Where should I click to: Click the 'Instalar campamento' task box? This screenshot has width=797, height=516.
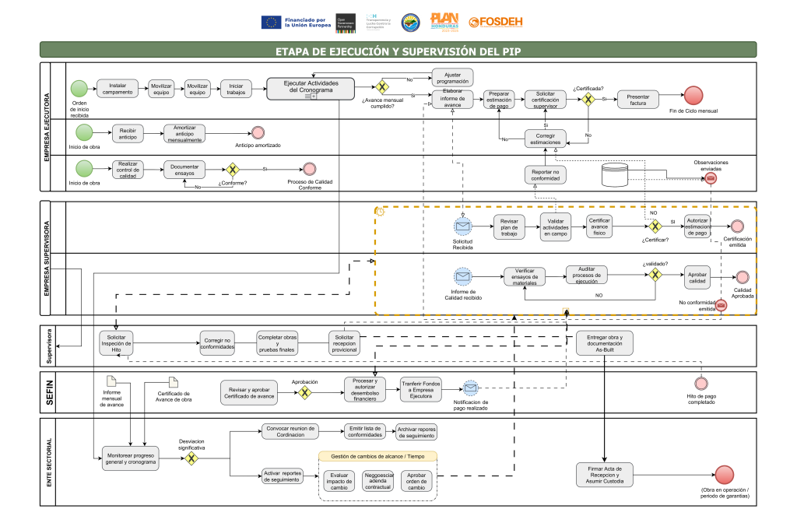[118, 89]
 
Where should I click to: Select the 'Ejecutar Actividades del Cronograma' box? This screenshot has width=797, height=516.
[311, 89]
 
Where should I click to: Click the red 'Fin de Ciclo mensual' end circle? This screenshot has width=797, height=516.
[694, 97]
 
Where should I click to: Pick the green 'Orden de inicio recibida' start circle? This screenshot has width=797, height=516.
[79, 89]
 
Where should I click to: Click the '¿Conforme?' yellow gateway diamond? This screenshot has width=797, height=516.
[231, 169]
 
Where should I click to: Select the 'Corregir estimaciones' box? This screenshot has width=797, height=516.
[545, 139]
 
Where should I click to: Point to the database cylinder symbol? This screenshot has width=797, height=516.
[615, 174]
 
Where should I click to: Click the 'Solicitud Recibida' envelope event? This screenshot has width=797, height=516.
[463, 226]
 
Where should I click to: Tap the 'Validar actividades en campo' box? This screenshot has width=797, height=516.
[556, 226]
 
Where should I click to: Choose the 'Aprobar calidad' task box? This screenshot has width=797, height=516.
[697, 276]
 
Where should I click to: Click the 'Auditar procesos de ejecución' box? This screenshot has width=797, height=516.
[586, 276]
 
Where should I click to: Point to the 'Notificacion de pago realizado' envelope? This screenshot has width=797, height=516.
[470, 388]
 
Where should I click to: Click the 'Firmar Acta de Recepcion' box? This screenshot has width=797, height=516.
[605, 474]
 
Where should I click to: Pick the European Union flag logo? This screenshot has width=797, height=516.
[272, 23]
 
